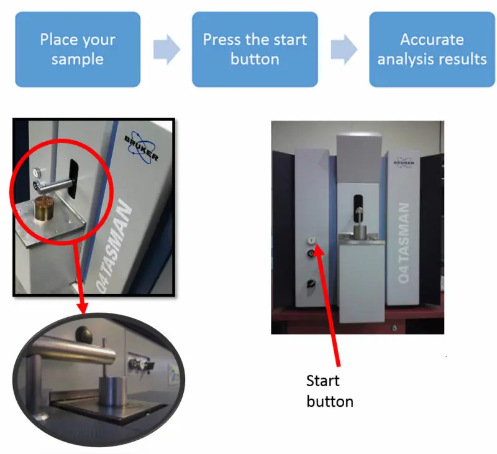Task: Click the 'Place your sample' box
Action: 78,50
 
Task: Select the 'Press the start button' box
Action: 255,50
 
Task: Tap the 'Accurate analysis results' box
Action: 432,50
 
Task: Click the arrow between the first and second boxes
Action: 166,50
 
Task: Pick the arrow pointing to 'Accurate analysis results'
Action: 344,50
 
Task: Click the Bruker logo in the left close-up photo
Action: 141,147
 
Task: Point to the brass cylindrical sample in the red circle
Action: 45,208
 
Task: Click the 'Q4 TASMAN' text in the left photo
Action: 114,246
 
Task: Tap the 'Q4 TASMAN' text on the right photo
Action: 403,243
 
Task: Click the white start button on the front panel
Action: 312,241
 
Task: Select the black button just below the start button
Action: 311,253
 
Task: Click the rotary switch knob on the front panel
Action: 311,283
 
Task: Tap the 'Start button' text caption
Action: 330,391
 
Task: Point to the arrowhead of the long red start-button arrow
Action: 319,249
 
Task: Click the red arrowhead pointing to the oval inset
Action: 83,308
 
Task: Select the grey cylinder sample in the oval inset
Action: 111,391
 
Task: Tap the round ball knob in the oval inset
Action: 83,335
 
